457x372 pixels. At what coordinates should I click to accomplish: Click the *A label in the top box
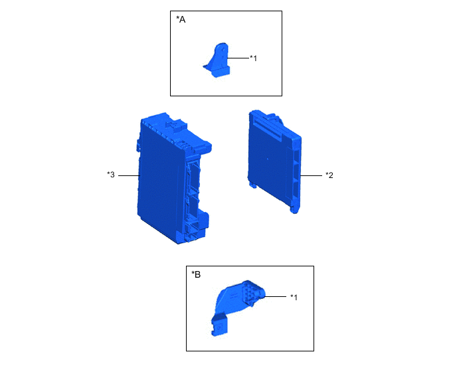pyautogui.click(x=181, y=19)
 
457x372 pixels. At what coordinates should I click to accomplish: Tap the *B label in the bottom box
pyautogui.click(x=196, y=274)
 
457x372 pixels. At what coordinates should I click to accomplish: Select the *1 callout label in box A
pyautogui.click(x=254, y=58)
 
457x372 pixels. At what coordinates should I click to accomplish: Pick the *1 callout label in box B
pyautogui.click(x=294, y=297)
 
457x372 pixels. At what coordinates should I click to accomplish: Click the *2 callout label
pyautogui.click(x=329, y=175)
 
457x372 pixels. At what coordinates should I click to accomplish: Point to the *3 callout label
pyautogui.click(x=111, y=175)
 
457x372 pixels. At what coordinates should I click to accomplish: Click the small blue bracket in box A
pyautogui.click(x=217, y=60)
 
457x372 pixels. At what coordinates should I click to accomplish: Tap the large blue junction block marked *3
pyautogui.click(x=172, y=178)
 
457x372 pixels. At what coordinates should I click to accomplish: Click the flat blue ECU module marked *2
pyautogui.click(x=274, y=162)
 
